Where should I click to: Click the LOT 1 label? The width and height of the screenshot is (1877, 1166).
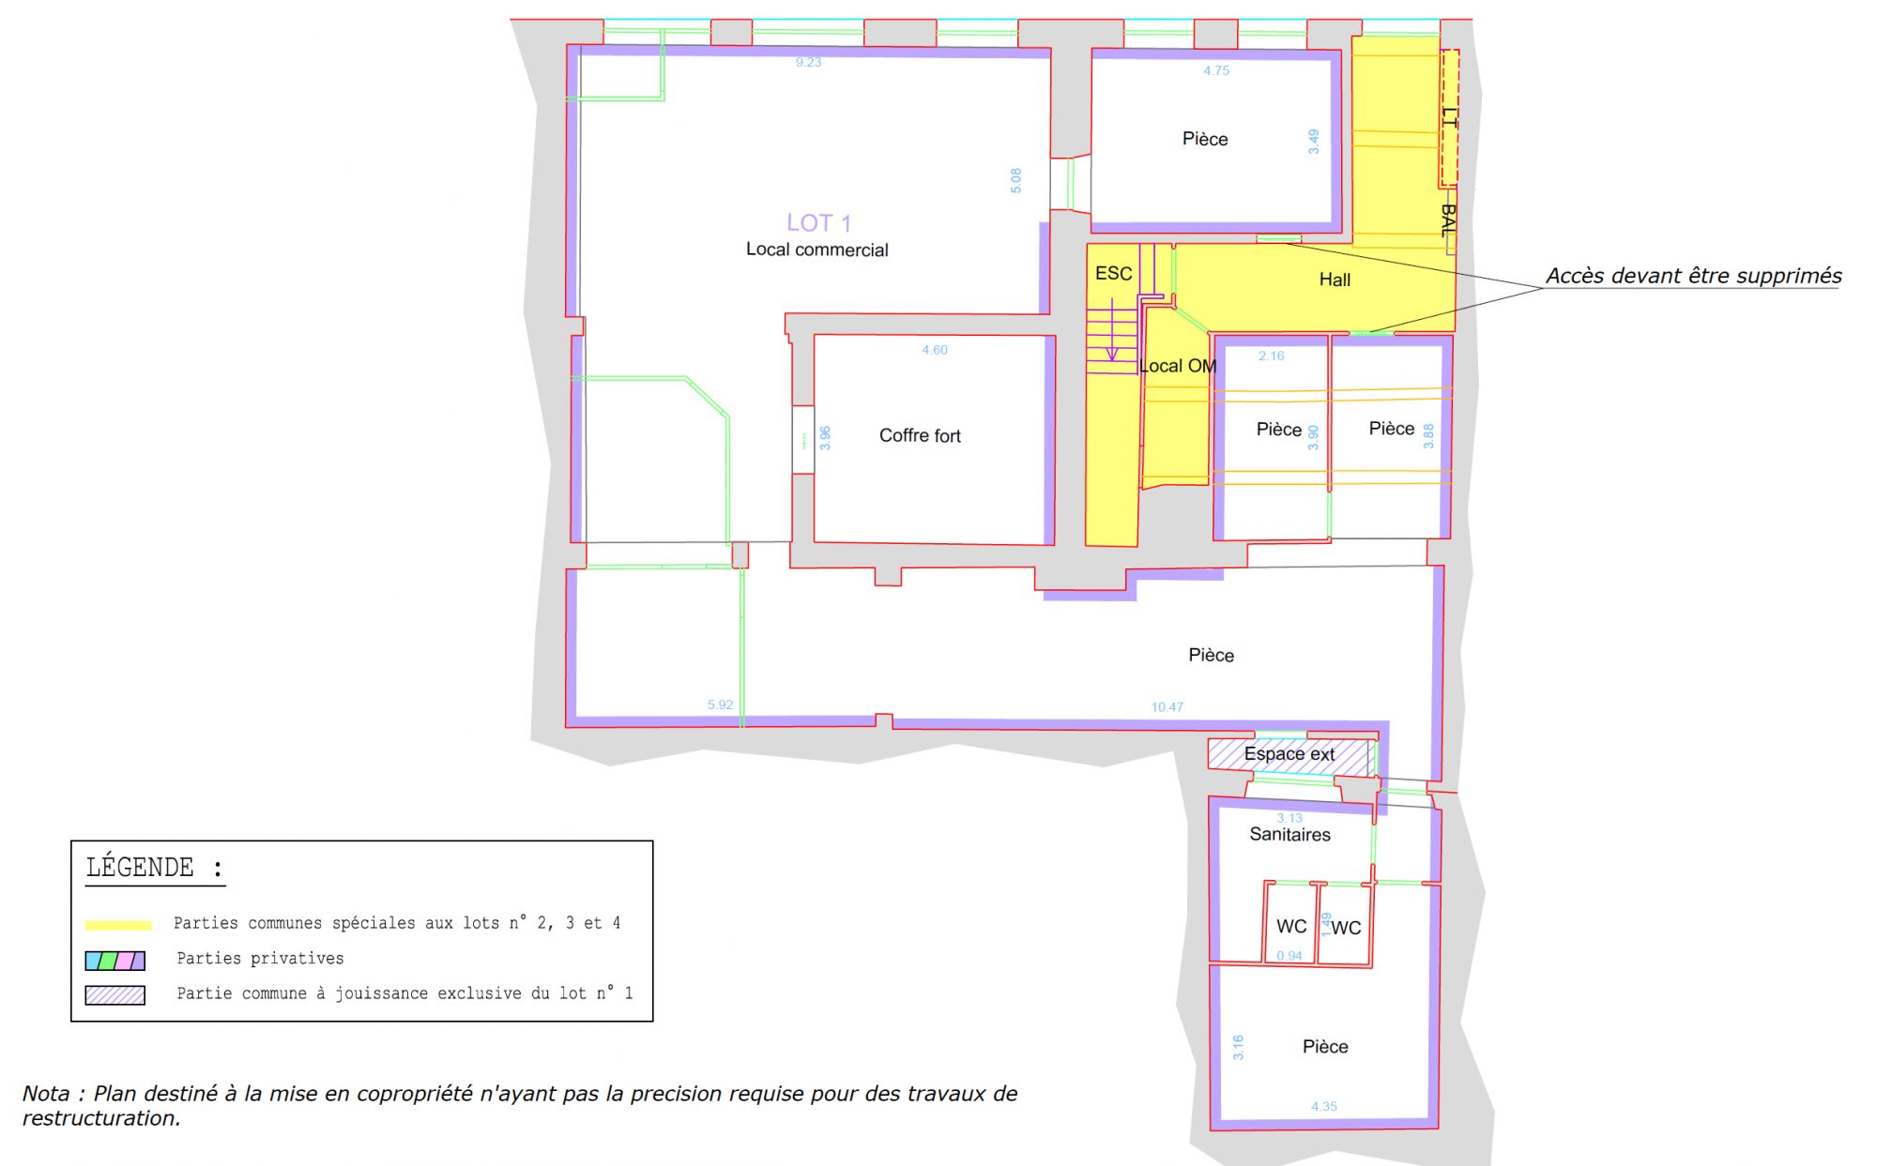(818, 223)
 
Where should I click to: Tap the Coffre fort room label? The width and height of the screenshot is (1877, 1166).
(920, 435)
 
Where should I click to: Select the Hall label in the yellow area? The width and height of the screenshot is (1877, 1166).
(1335, 280)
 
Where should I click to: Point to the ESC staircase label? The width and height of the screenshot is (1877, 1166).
(1113, 273)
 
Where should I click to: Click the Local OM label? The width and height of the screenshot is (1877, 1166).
(1178, 366)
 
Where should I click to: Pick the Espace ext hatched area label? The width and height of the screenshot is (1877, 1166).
(1289, 754)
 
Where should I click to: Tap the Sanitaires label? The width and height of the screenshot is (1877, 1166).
(1289, 834)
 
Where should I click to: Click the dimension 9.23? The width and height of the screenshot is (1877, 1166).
(808, 62)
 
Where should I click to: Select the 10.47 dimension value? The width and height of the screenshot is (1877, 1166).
(1167, 707)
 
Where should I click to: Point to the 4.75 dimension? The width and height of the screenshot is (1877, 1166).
(1216, 70)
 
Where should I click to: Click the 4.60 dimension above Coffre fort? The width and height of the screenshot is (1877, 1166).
(935, 350)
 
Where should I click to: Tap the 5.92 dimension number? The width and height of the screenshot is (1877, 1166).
(720, 704)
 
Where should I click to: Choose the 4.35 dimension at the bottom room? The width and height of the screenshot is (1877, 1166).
(1324, 1107)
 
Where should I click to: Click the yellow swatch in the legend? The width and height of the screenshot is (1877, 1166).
(118, 925)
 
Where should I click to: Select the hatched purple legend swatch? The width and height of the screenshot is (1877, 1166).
(115, 995)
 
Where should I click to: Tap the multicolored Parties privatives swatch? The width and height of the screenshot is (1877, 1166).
(115, 961)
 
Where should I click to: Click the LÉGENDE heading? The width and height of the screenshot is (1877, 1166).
(155, 868)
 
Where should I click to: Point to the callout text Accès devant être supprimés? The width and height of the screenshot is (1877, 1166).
(1694, 276)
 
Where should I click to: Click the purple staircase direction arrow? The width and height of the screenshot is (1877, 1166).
(1112, 330)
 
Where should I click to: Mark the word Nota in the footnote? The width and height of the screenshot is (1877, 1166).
(45, 1094)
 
